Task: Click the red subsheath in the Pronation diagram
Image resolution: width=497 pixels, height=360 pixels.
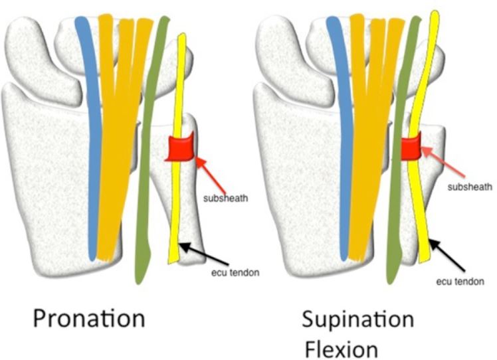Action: tap(179, 149)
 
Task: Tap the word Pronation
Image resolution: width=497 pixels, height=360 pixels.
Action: tap(90, 318)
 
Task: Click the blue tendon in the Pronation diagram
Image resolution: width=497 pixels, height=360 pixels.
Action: tap(91, 133)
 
